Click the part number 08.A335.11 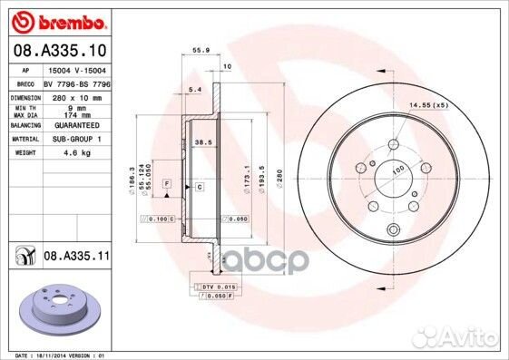[76, 258]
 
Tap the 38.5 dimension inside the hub [203, 142]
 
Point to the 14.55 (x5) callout [429, 106]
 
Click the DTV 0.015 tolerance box [214, 286]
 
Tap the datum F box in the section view [168, 184]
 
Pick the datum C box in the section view [199, 186]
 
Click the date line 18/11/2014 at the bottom [57, 355]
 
